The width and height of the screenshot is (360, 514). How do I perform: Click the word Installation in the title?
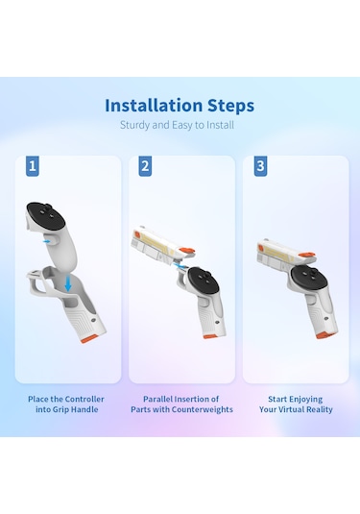click(154, 106)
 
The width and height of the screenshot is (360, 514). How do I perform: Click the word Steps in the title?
click(231, 106)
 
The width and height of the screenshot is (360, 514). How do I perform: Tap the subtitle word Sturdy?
click(134, 125)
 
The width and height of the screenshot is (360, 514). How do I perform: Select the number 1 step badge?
click(33, 166)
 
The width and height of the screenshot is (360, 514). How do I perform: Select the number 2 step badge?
click(145, 166)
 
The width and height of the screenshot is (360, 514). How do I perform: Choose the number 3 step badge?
click(260, 166)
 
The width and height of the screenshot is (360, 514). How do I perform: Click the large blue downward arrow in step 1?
click(68, 283)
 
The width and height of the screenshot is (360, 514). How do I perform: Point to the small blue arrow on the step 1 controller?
click(47, 241)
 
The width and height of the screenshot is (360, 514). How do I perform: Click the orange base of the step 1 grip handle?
click(89, 339)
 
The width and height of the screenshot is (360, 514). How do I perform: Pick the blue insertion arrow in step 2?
click(179, 266)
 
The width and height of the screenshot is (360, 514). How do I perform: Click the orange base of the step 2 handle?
click(210, 336)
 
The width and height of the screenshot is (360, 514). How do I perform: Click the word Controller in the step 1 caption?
click(84, 400)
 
